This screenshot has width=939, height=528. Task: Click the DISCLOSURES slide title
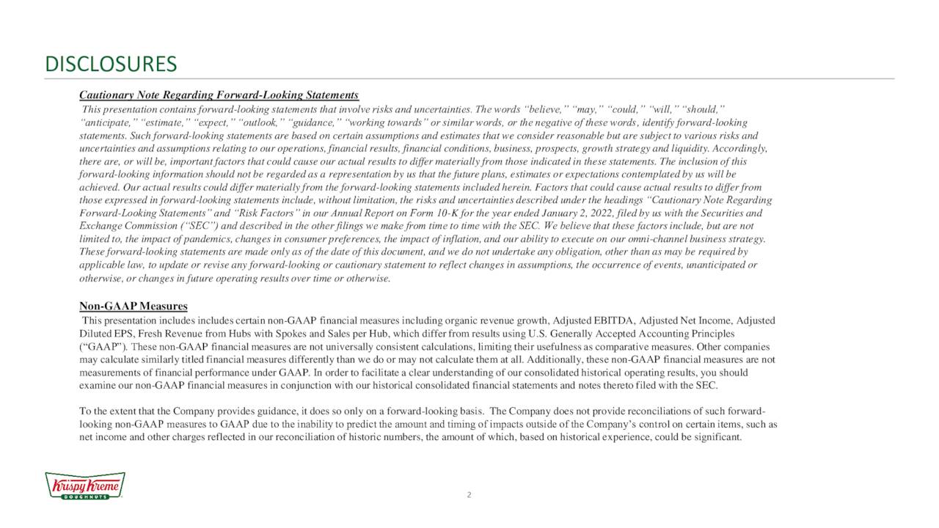[111, 65]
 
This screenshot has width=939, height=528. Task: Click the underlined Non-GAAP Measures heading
[133, 306]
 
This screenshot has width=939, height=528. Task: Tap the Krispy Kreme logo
[85, 486]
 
